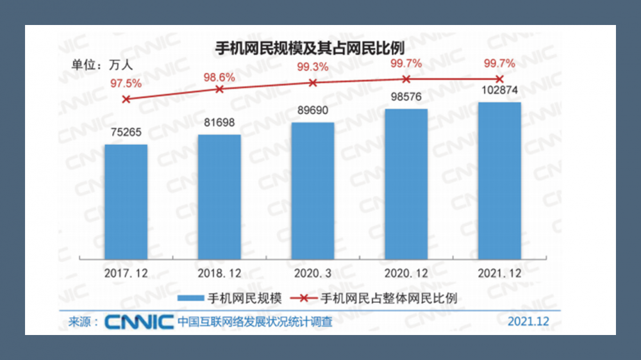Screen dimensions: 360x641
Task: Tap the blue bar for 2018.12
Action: (x=219, y=196)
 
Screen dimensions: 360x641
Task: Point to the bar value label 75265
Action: (x=126, y=133)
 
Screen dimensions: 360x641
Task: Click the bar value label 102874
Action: (x=499, y=90)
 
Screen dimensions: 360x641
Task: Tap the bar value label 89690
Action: (x=313, y=110)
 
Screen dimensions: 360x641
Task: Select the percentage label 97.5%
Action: (x=126, y=83)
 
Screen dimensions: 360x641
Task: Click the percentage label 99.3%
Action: (x=313, y=67)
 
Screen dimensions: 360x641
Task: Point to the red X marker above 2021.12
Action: (x=499, y=79)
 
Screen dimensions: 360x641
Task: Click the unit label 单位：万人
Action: (x=101, y=64)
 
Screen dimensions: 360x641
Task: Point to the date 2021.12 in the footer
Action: (x=529, y=321)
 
